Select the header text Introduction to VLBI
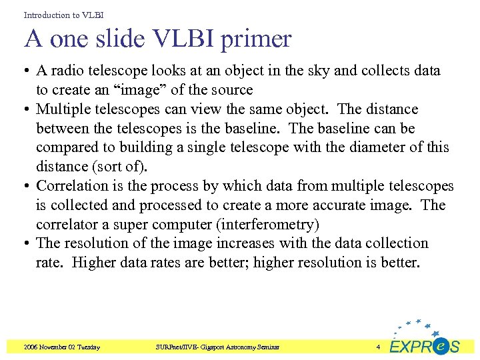coord(63,14)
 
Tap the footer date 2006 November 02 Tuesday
coord(61,347)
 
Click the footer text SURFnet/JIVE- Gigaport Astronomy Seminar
coord(217,347)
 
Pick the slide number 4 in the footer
coord(377,347)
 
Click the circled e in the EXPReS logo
coord(440,346)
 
